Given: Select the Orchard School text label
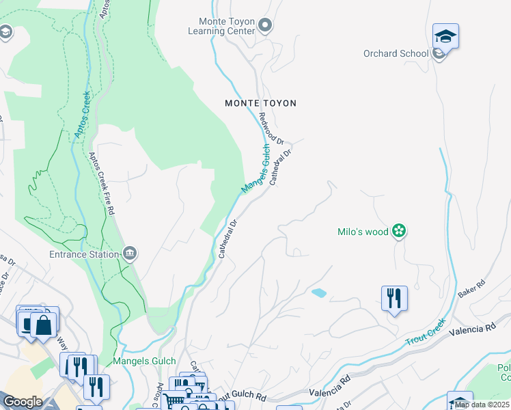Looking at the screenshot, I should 396,53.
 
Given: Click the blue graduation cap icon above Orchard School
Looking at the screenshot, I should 445,36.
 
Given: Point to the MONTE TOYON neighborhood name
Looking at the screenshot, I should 261,103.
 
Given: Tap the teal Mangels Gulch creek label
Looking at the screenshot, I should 255,167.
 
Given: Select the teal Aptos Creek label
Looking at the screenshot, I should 82,116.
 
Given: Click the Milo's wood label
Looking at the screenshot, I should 363,232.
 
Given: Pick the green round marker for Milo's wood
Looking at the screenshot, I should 400,232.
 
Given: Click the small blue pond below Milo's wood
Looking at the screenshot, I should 318,293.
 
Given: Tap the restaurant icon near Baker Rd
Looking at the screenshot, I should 394,299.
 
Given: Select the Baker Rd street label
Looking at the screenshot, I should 471,288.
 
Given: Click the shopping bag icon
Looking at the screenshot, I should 44,325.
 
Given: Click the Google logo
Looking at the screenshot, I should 22,402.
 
